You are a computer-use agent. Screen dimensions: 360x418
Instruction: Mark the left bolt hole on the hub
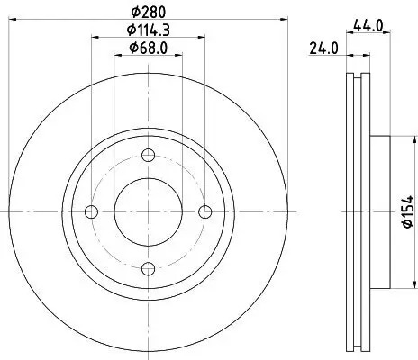(90, 212)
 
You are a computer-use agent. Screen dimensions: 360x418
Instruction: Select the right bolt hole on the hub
(205, 212)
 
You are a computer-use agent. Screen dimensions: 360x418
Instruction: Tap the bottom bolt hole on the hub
(148, 268)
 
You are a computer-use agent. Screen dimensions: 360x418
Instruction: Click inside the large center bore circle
(148, 212)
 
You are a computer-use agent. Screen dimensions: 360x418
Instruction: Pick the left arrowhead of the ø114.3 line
(94, 37)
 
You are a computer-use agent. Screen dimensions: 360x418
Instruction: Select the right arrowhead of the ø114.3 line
(202, 37)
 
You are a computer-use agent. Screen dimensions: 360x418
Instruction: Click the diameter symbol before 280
(132, 11)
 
